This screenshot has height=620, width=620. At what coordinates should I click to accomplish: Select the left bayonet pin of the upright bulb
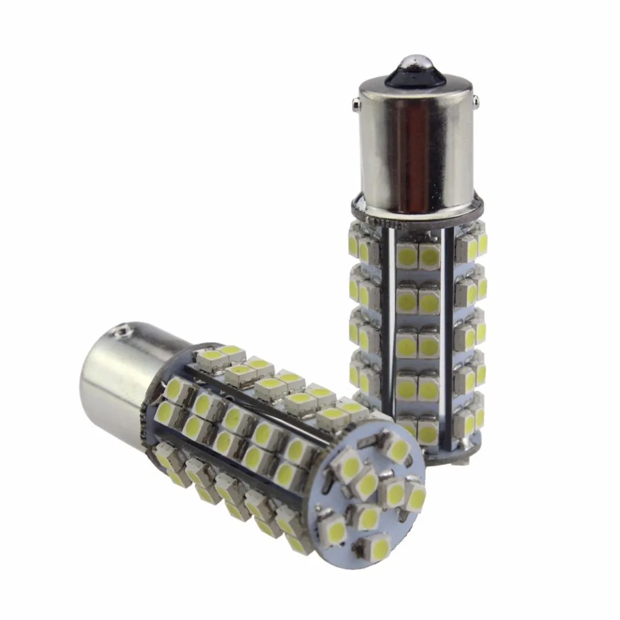click(x=360, y=103)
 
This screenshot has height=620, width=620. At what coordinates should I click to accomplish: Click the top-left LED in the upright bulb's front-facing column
click(x=406, y=256)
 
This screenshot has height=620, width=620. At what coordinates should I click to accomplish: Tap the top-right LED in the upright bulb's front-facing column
click(x=429, y=256)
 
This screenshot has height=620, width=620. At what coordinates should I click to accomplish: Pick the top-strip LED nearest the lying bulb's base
click(x=213, y=358)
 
